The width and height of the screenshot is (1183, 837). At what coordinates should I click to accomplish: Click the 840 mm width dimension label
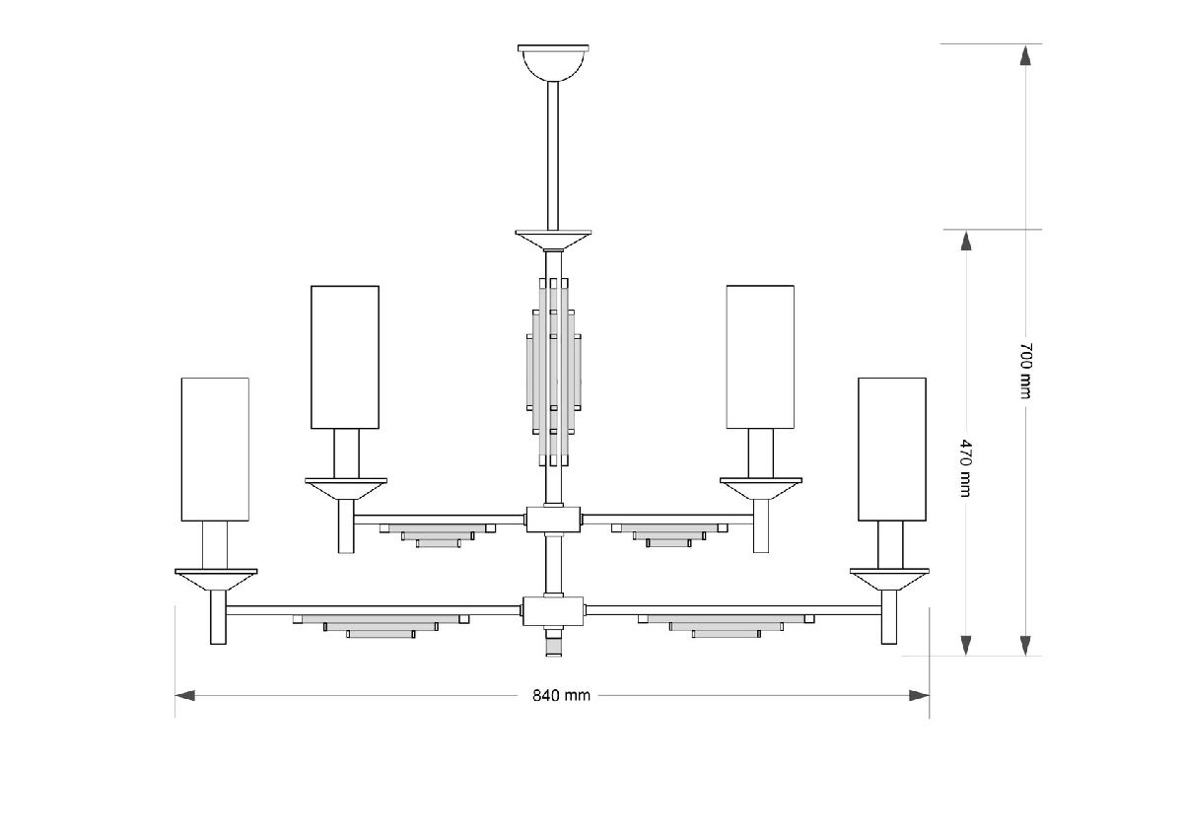(x=561, y=695)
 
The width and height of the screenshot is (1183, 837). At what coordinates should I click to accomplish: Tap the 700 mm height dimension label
(x=1025, y=371)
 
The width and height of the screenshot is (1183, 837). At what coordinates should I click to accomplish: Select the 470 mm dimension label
(x=965, y=468)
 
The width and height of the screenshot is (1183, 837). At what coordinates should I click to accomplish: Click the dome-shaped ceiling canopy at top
(x=553, y=62)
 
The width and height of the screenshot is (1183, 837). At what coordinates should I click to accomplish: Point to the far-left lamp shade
(x=215, y=450)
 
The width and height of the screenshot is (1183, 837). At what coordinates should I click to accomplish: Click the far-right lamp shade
(x=892, y=450)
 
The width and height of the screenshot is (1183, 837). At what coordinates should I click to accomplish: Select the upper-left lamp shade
(x=345, y=357)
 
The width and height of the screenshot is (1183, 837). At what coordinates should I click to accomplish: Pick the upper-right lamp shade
(x=760, y=357)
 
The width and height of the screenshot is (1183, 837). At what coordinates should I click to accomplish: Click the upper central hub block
(x=553, y=520)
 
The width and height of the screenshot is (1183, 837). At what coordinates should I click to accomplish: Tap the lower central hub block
(x=553, y=611)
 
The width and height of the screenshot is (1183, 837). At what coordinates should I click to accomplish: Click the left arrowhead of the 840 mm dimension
(x=185, y=695)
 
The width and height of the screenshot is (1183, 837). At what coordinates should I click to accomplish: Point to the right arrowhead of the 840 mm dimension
(x=919, y=695)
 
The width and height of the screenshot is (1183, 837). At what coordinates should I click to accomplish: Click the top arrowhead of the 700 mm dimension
(x=1025, y=55)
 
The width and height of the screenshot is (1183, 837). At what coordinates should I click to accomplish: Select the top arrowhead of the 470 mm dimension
(x=966, y=241)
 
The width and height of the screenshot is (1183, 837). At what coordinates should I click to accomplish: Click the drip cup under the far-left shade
(x=216, y=580)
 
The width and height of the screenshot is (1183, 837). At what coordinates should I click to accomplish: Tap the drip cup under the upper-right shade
(x=761, y=488)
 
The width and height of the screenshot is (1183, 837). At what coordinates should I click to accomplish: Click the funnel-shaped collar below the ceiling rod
(x=553, y=240)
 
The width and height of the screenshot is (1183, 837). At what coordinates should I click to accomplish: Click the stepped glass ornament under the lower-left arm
(x=381, y=626)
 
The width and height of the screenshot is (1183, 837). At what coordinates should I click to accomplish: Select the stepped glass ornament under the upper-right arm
(x=669, y=535)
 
